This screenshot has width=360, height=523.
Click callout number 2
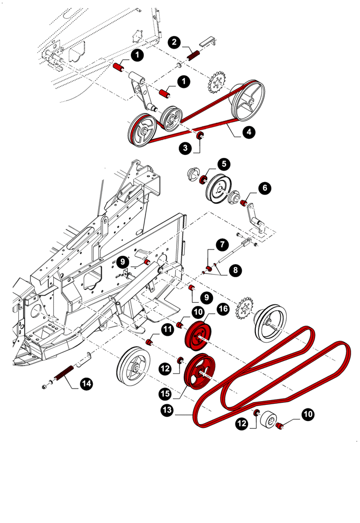pos(175,42)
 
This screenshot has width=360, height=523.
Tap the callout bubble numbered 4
pos(249,133)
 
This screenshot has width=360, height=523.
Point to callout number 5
pos(223,164)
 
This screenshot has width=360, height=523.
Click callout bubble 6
pos(264,187)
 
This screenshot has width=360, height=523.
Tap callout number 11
pos(167,329)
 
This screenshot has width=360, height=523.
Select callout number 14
pos(86,384)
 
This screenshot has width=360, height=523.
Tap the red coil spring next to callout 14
pos(63,373)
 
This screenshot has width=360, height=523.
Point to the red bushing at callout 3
pos(199,137)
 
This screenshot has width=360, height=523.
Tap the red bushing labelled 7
pos(209,269)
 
